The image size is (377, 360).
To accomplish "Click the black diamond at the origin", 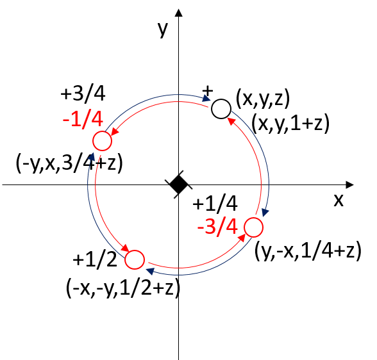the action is click(178, 184).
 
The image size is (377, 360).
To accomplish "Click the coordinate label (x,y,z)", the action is click(263, 99).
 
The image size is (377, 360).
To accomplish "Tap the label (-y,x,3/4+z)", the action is click(69, 163).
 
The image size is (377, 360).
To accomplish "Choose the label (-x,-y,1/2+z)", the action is click(123, 288).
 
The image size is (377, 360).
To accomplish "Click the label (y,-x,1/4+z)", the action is click(308, 250).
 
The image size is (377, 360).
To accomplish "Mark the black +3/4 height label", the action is click(83, 93).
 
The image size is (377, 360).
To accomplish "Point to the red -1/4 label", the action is click(83, 119).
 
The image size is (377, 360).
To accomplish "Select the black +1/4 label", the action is click(215, 203).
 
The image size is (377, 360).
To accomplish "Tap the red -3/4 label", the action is click(217, 227).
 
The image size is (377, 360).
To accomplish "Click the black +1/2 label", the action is click(95, 259).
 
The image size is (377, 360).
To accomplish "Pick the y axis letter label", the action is click(163, 29).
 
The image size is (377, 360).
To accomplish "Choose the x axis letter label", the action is click(339, 200).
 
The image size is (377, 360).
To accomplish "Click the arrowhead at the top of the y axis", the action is click(178, 12).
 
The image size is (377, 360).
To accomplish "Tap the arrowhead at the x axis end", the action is click(350, 184).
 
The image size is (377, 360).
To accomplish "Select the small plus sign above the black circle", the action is click(208, 91).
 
